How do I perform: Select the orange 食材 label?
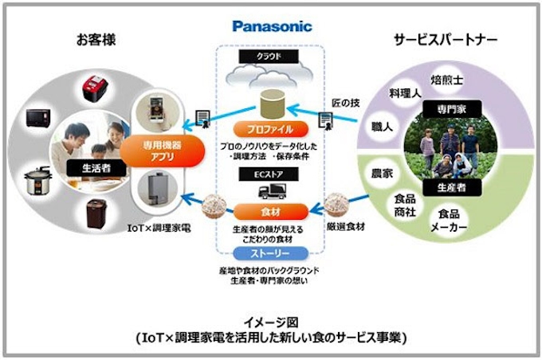tap(270, 212)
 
